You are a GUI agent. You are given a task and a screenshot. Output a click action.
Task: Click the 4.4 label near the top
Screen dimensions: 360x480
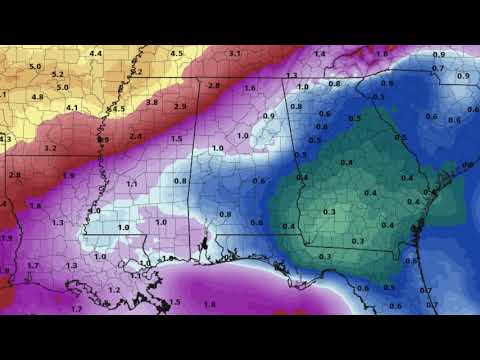point(96,53)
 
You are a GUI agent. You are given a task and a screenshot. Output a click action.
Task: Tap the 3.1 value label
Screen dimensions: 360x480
point(234,53)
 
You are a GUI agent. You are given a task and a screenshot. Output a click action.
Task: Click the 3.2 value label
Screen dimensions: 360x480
point(50,148)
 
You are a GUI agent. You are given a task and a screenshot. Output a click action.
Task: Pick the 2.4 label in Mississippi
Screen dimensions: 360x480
point(135,136)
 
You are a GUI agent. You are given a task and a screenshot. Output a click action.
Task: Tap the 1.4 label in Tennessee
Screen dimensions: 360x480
point(319,53)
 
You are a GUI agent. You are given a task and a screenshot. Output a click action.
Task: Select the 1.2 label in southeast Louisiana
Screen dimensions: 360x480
point(113,289)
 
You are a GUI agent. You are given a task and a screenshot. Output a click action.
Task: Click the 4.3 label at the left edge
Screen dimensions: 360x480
point(5,139)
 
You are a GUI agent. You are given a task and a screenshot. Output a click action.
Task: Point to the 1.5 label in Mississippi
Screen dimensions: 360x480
point(176,138)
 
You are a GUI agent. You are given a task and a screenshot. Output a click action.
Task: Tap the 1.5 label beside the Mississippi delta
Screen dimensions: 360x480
point(175,302)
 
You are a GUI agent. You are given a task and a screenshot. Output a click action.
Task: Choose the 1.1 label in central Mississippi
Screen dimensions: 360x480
point(132,184)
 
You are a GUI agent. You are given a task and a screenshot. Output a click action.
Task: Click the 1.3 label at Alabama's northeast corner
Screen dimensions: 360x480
point(292,76)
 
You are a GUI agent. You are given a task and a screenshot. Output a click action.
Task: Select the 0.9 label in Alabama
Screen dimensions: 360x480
point(268,116)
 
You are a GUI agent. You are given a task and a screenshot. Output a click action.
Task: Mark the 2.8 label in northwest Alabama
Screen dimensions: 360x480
point(213,86)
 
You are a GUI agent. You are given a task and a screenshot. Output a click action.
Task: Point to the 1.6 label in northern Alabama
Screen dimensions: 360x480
point(252,89)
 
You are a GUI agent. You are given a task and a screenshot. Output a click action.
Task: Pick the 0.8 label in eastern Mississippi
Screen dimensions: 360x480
point(181,181)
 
